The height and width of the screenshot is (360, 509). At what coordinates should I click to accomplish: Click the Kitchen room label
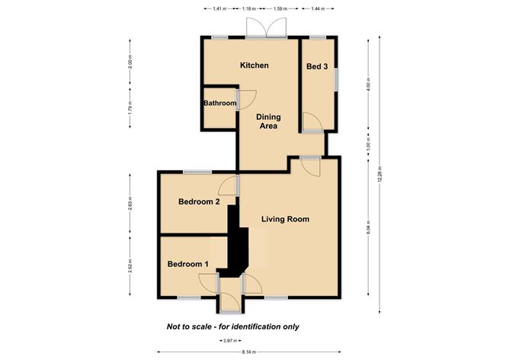[x=254, y=66]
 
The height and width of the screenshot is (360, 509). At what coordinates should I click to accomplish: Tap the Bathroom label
[x=219, y=103]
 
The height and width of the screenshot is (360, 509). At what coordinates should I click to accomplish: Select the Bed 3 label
[x=317, y=67]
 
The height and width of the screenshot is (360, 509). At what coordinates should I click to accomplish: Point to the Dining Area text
[x=267, y=121]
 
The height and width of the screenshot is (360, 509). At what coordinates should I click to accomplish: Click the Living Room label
[x=285, y=220]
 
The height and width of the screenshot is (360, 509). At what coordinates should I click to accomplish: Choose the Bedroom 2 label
[x=199, y=202]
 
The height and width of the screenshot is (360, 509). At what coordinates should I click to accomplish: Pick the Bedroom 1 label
[x=188, y=264]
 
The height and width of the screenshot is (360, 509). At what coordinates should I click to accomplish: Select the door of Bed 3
[x=312, y=122]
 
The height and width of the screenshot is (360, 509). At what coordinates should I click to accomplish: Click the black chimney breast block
[x=238, y=248]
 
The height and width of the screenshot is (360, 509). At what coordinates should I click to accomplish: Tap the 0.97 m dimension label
[x=229, y=340]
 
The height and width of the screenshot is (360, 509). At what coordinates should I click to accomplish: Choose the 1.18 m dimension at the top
[x=248, y=9]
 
